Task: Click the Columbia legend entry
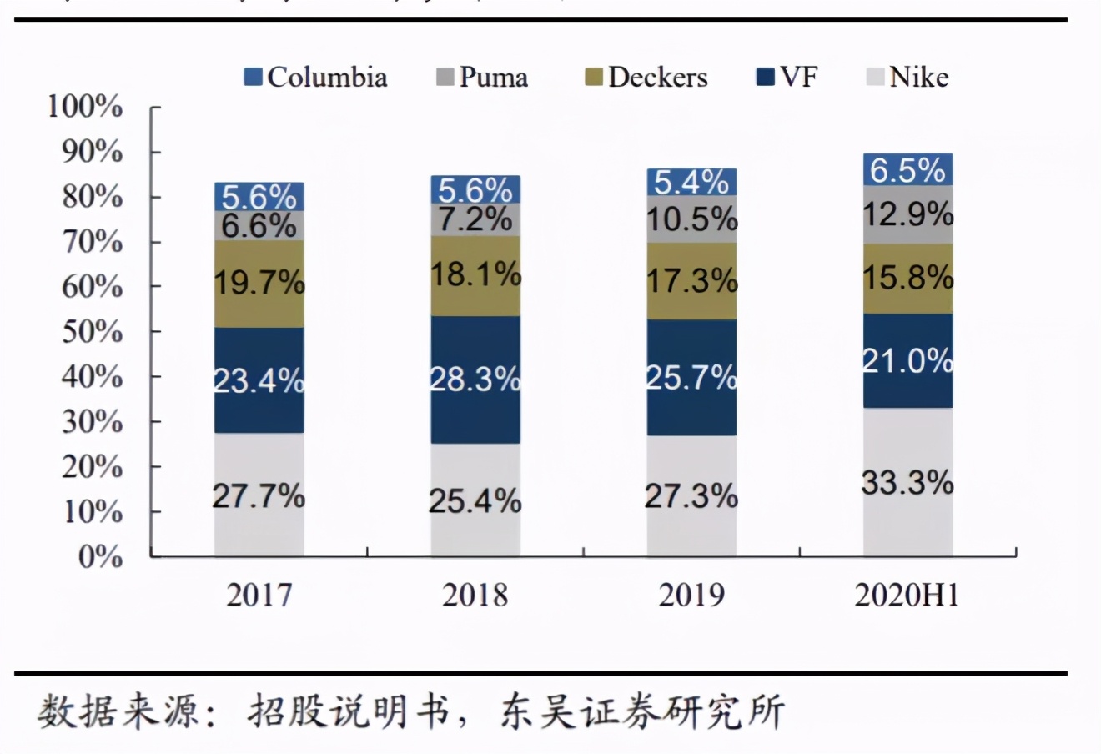pyautogui.click(x=317, y=78)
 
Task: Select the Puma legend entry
pyautogui.click(x=483, y=78)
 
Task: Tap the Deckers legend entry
pyautogui.click(x=646, y=78)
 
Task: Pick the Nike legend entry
pyautogui.click(x=908, y=78)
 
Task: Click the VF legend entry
pyautogui.click(x=787, y=78)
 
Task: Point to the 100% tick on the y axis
pyautogui.click(x=86, y=107)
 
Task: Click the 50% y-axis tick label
pyautogui.click(x=92, y=332)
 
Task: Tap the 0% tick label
pyautogui.click(x=101, y=556)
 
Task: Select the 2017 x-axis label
pyautogui.click(x=259, y=595)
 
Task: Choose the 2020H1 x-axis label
pyautogui.click(x=907, y=595)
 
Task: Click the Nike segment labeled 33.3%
pyautogui.click(x=908, y=482)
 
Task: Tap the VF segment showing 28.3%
pyautogui.click(x=475, y=380)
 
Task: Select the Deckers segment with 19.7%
pyautogui.click(x=259, y=284)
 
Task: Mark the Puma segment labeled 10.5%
pyautogui.click(x=691, y=219)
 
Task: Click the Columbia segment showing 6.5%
pyautogui.click(x=908, y=170)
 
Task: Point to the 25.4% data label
pyautogui.click(x=475, y=500)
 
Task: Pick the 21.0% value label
pyautogui.click(x=908, y=361)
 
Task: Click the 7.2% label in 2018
pyautogui.click(x=475, y=219)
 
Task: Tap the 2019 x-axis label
pyautogui.click(x=691, y=595)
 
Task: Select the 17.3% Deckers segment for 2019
pyautogui.click(x=691, y=281)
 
